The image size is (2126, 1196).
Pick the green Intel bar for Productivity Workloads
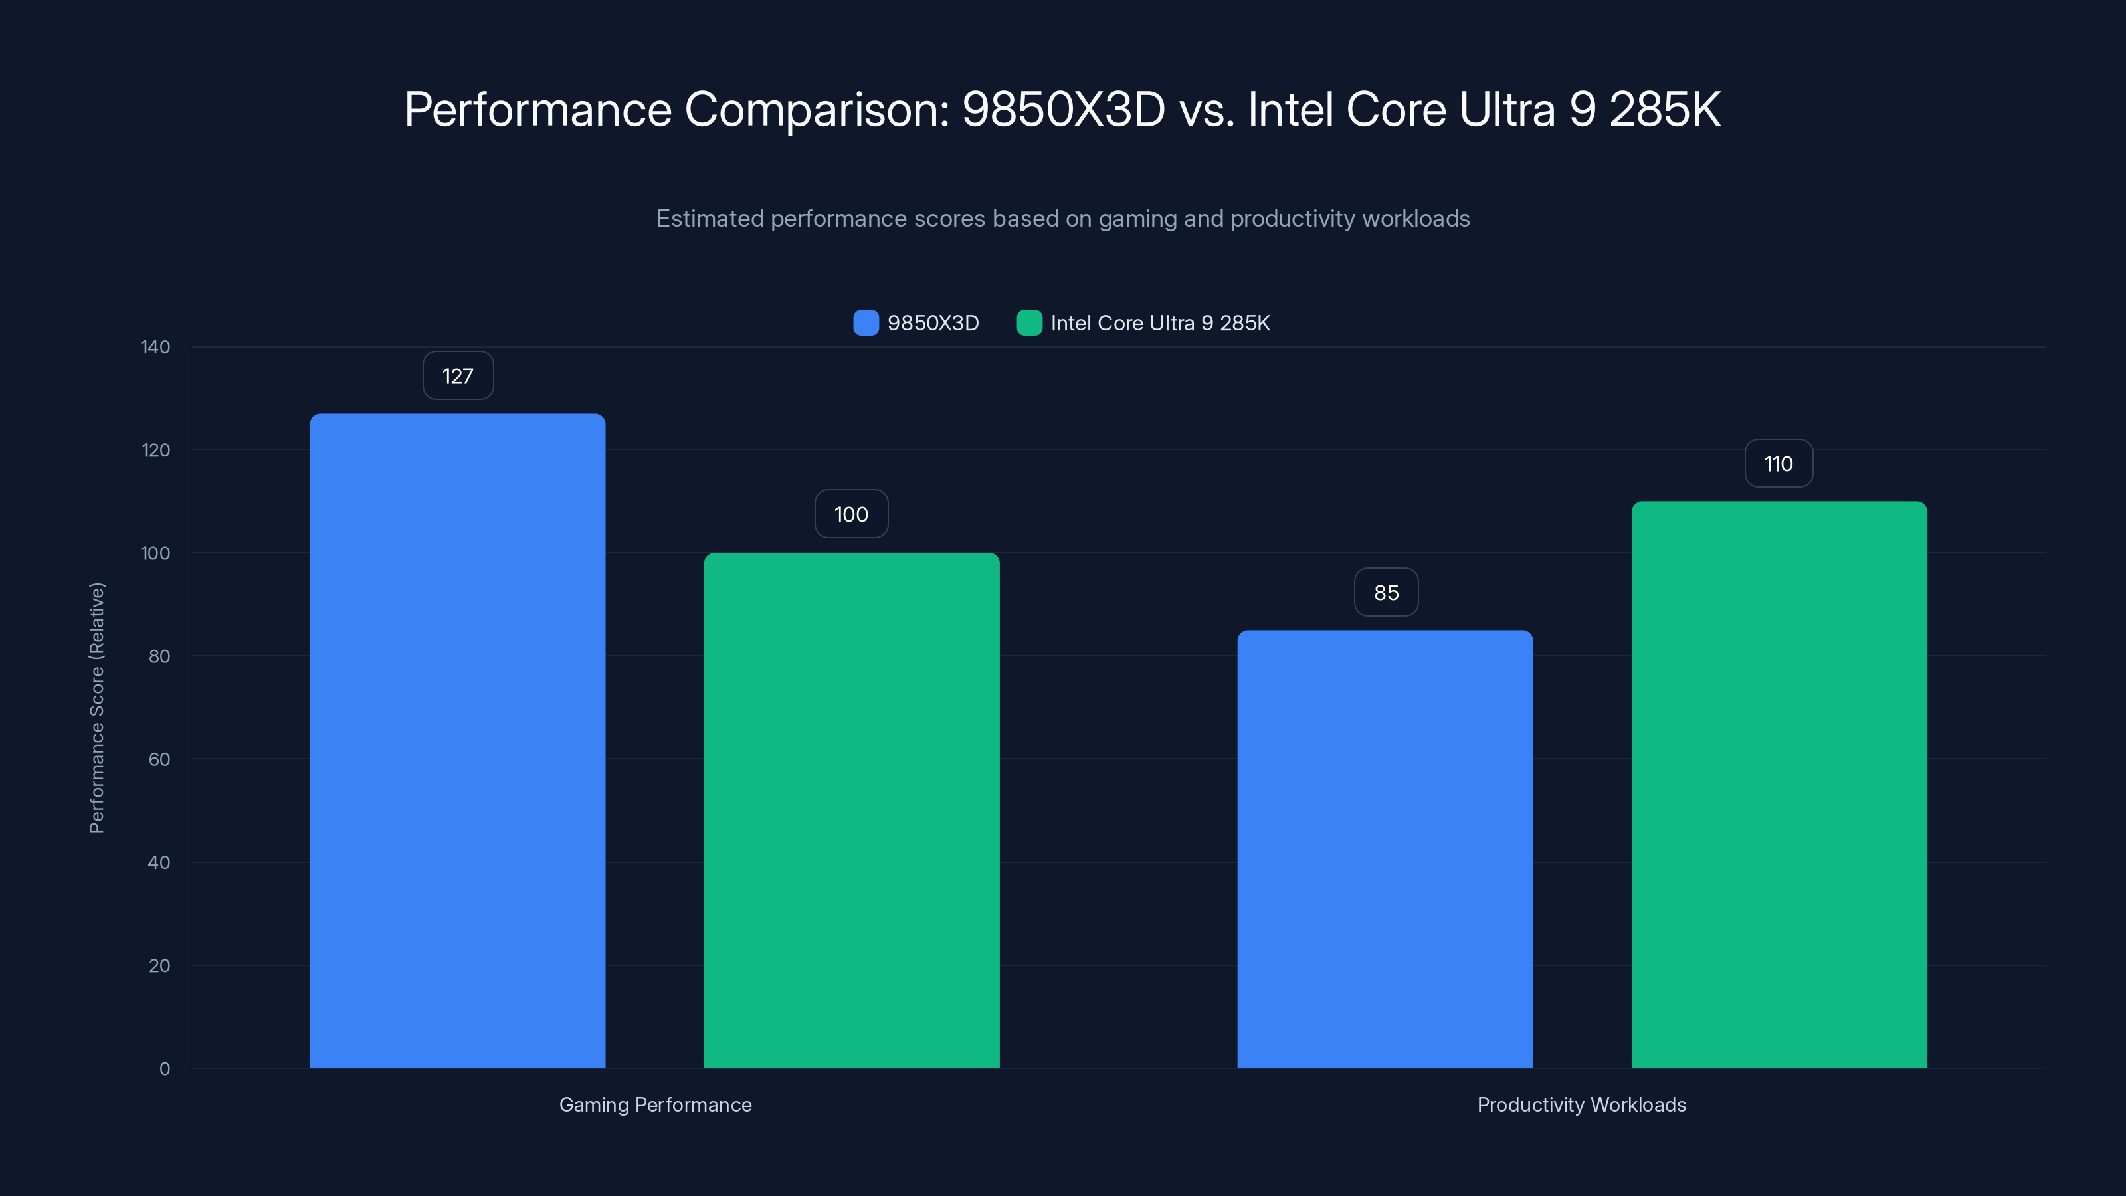click(1779, 784)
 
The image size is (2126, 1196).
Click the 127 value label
click(458, 376)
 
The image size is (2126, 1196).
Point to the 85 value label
click(1386, 593)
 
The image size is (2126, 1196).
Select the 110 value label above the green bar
click(1779, 464)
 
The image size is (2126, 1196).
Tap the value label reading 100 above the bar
click(851, 514)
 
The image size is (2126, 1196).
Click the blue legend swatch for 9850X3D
click(866, 323)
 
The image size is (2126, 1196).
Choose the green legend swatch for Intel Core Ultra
click(1029, 323)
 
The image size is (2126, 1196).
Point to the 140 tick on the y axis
click(155, 348)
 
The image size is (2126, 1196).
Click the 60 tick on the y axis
click(159, 759)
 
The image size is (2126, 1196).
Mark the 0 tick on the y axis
click(164, 1069)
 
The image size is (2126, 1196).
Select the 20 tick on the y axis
click(159, 965)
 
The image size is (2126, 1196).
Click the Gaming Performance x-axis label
click(655, 1104)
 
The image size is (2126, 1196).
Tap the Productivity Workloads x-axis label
click(1581, 1104)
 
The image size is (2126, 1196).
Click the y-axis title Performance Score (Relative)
click(96, 708)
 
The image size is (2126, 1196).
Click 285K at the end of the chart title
click(1665, 110)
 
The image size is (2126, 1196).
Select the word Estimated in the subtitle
click(710, 219)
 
